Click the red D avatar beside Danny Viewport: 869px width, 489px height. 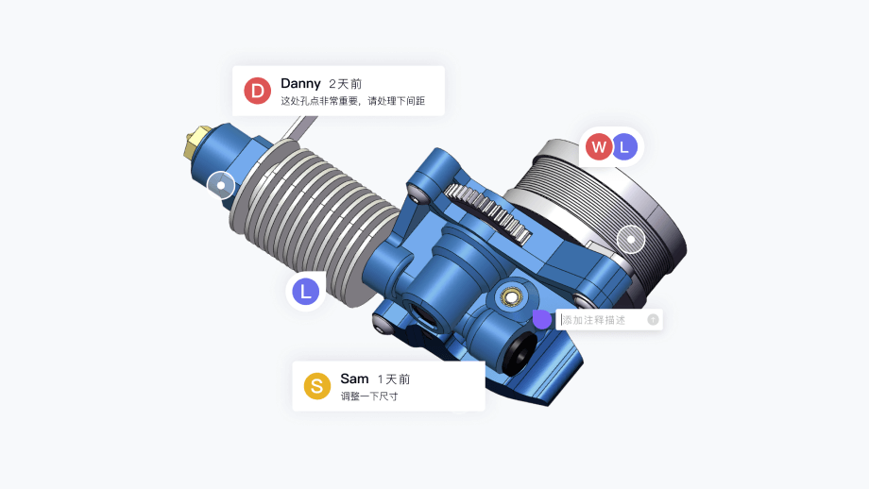coord(257,91)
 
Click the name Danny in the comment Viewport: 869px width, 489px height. coord(300,83)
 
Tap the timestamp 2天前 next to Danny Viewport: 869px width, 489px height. coord(345,84)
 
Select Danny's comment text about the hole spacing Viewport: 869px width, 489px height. coord(352,101)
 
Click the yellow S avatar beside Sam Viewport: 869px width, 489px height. coord(317,386)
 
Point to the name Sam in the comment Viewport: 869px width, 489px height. coord(354,379)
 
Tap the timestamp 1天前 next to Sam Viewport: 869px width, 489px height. coord(394,379)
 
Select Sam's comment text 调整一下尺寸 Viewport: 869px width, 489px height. coord(369,396)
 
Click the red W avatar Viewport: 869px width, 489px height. coord(599,146)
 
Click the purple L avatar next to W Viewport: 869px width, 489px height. coord(624,146)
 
